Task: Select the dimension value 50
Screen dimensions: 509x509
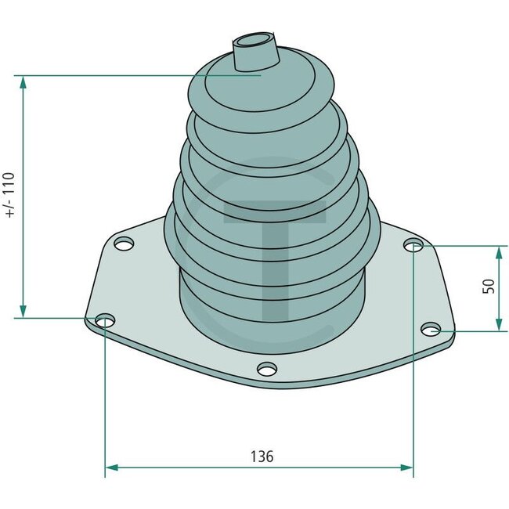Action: [x=489, y=286]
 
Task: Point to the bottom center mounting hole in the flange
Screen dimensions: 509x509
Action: [x=266, y=369]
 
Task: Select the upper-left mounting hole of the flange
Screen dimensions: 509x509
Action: [x=121, y=245]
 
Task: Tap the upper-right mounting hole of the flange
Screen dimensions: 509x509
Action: [x=413, y=246]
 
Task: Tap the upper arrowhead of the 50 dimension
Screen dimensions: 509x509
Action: [x=498, y=251]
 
